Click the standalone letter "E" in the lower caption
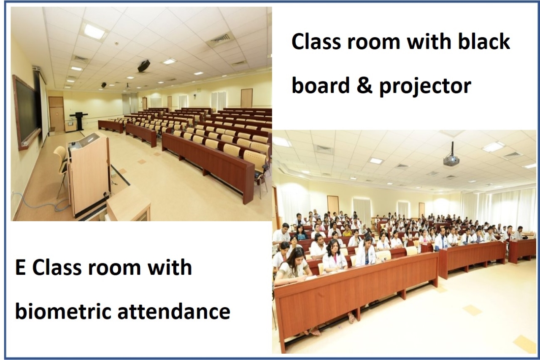click(20, 267)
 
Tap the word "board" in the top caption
click(320, 85)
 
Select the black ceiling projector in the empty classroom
click(144, 65)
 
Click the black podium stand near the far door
click(79, 120)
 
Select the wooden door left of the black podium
click(56, 114)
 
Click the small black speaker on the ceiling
click(104, 85)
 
